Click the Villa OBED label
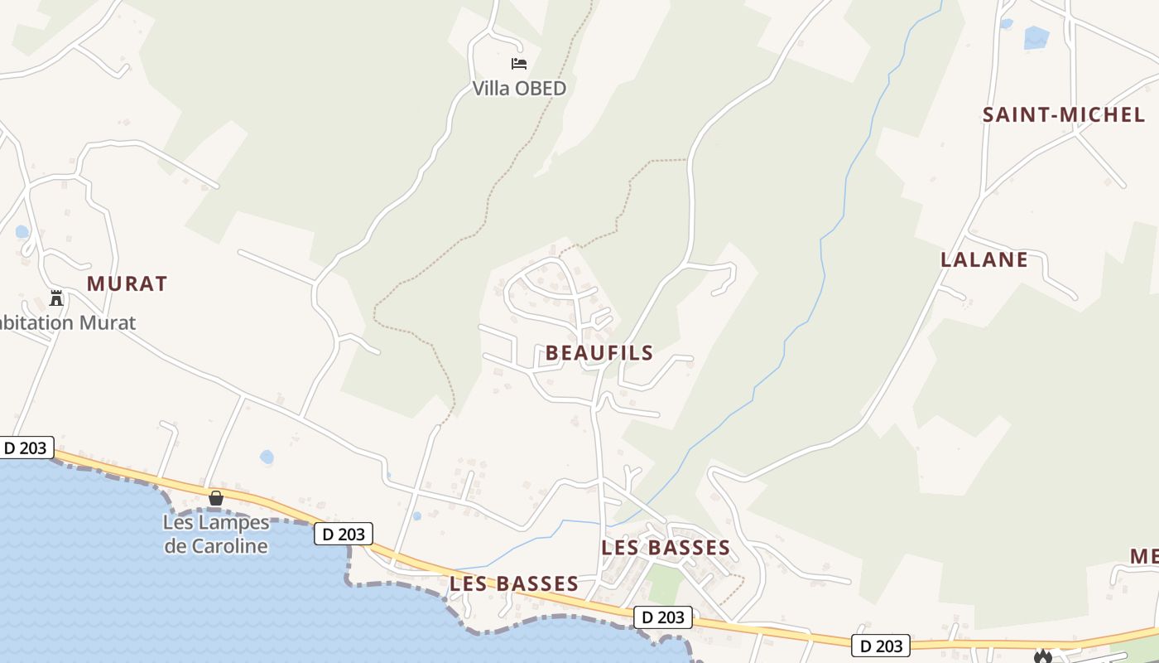[x=519, y=88]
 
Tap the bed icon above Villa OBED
[x=519, y=63]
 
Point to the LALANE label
[x=984, y=259]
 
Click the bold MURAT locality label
[x=127, y=283]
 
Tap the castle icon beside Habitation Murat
[x=56, y=298]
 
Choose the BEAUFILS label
[x=599, y=353]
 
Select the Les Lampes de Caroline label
[x=216, y=535]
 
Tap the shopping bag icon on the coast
[x=216, y=498]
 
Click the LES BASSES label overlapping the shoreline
[x=514, y=583]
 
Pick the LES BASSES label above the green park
[x=666, y=547]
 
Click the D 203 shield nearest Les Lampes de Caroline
[x=344, y=534]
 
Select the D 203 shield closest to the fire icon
[x=881, y=646]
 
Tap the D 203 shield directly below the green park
[x=663, y=617]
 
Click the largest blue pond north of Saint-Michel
[x=1036, y=37]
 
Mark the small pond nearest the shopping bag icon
[x=267, y=457]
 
